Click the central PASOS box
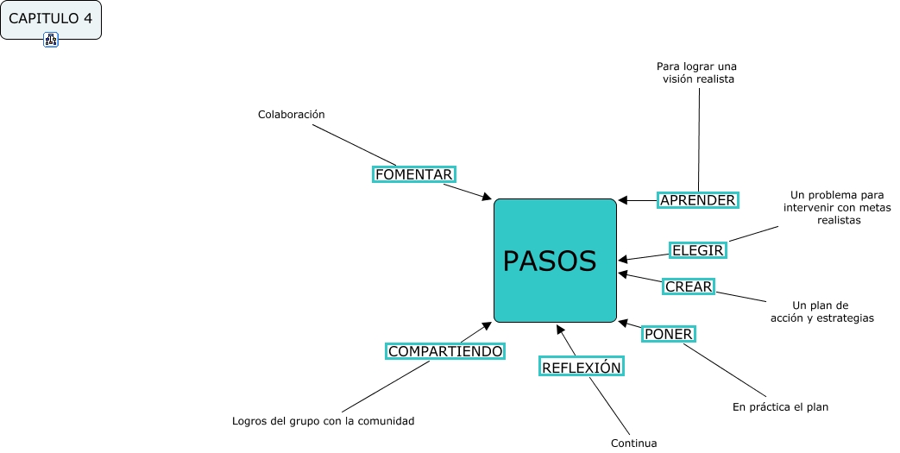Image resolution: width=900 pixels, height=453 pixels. coord(555,261)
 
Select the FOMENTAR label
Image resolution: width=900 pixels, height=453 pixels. coord(413,174)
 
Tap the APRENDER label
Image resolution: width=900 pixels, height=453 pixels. coord(697,200)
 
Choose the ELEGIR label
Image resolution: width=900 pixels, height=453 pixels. coord(697,250)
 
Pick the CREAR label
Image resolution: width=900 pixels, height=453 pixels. coord(689,286)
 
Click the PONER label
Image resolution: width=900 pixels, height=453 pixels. coord(669,334)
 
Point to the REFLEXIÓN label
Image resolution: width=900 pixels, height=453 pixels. coord(581,367)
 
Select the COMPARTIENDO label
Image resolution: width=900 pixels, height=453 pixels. coord(444,351)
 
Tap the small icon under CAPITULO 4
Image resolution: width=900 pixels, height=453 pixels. coord(51,39)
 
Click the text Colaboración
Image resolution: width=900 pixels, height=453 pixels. coord(291,114)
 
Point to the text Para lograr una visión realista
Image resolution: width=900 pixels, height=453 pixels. coord(697,72)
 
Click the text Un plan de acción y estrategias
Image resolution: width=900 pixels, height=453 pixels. coord(821,311)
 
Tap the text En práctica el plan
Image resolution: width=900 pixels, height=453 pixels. coord(780,406)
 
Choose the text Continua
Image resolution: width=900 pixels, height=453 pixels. coord(633,444)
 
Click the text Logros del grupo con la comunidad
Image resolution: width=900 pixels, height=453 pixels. coord(324,421)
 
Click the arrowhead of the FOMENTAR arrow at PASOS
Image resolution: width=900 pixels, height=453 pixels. coord(486,198)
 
